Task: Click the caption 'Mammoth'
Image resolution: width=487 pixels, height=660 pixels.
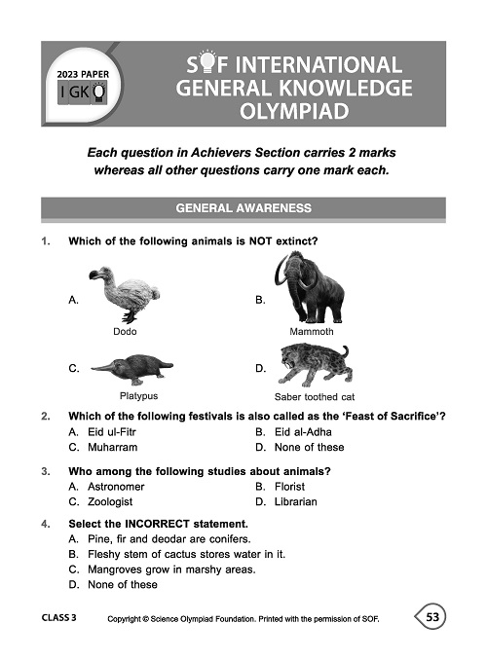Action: (x=312, y=332)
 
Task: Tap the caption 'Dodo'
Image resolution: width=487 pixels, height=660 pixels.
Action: (x=125, y=332)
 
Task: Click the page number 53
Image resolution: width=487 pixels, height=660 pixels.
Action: (x=434, y=617)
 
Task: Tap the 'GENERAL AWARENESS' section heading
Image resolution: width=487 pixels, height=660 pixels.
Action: (x=243, y=208)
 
